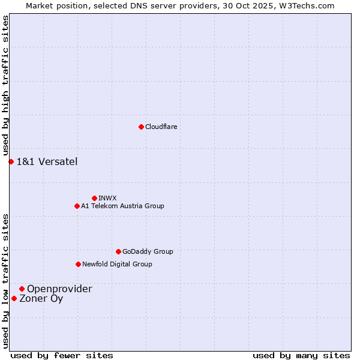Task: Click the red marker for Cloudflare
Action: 141,127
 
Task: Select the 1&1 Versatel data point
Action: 11,161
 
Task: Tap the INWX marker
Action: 94,198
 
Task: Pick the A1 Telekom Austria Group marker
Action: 77,206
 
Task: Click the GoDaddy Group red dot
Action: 118,251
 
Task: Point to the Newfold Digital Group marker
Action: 78,264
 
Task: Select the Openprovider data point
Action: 22,289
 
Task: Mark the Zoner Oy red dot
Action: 14,298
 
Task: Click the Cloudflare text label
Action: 161,127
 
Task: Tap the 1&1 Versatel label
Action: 47,161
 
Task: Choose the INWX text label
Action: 107,198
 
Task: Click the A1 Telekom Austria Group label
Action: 122,206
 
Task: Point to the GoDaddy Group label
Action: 148,251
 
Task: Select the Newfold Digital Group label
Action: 117,264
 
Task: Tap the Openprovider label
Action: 59,289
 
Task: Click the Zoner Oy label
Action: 41,298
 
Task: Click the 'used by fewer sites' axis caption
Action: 62,355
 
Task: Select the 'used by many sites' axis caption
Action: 301,355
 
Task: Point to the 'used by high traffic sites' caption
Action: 5,86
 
